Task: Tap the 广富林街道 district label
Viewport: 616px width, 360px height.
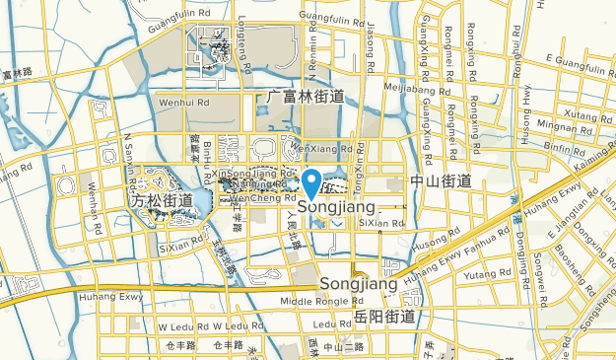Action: pos(307,97)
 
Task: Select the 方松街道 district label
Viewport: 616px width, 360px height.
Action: pos(163,200)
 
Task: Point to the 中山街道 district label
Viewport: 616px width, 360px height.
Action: pos(441,181)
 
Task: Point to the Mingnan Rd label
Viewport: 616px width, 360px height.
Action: pos(564,127)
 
